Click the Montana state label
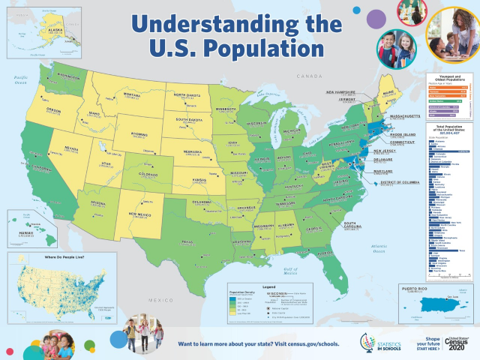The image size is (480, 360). pyautogui.click(x=132, y=95)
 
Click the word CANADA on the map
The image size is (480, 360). pyautogui.click(x=308, y=76)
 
